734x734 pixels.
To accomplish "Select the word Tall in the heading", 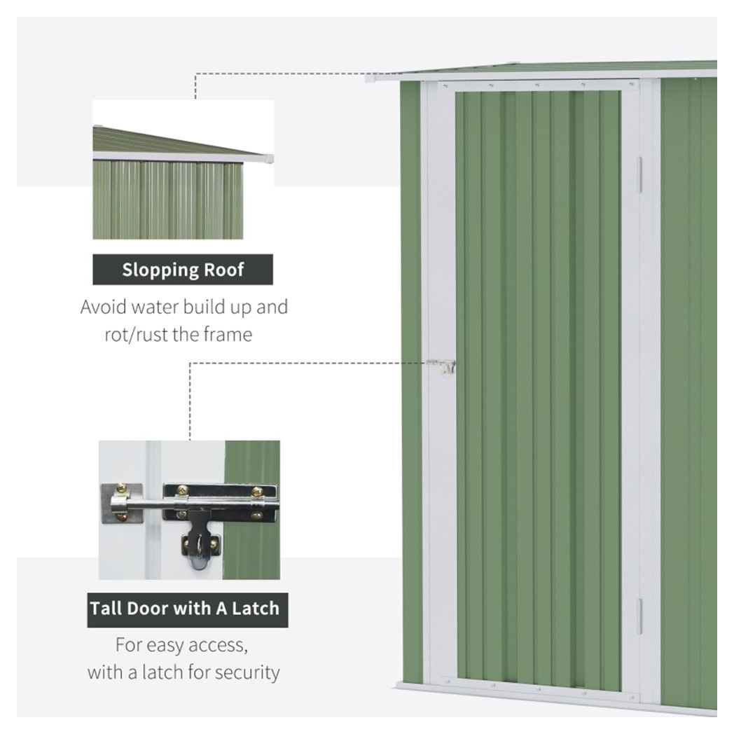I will (x=106, y=608).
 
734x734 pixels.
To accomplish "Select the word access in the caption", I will (x=215, y=644).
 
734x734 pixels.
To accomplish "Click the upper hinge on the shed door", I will (x=639, y=174).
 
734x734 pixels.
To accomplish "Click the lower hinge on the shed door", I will (x=639, y=616).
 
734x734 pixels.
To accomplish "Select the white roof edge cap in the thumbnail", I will (x=268, y=159).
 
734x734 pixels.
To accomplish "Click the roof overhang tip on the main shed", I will (x=371, y=78).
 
